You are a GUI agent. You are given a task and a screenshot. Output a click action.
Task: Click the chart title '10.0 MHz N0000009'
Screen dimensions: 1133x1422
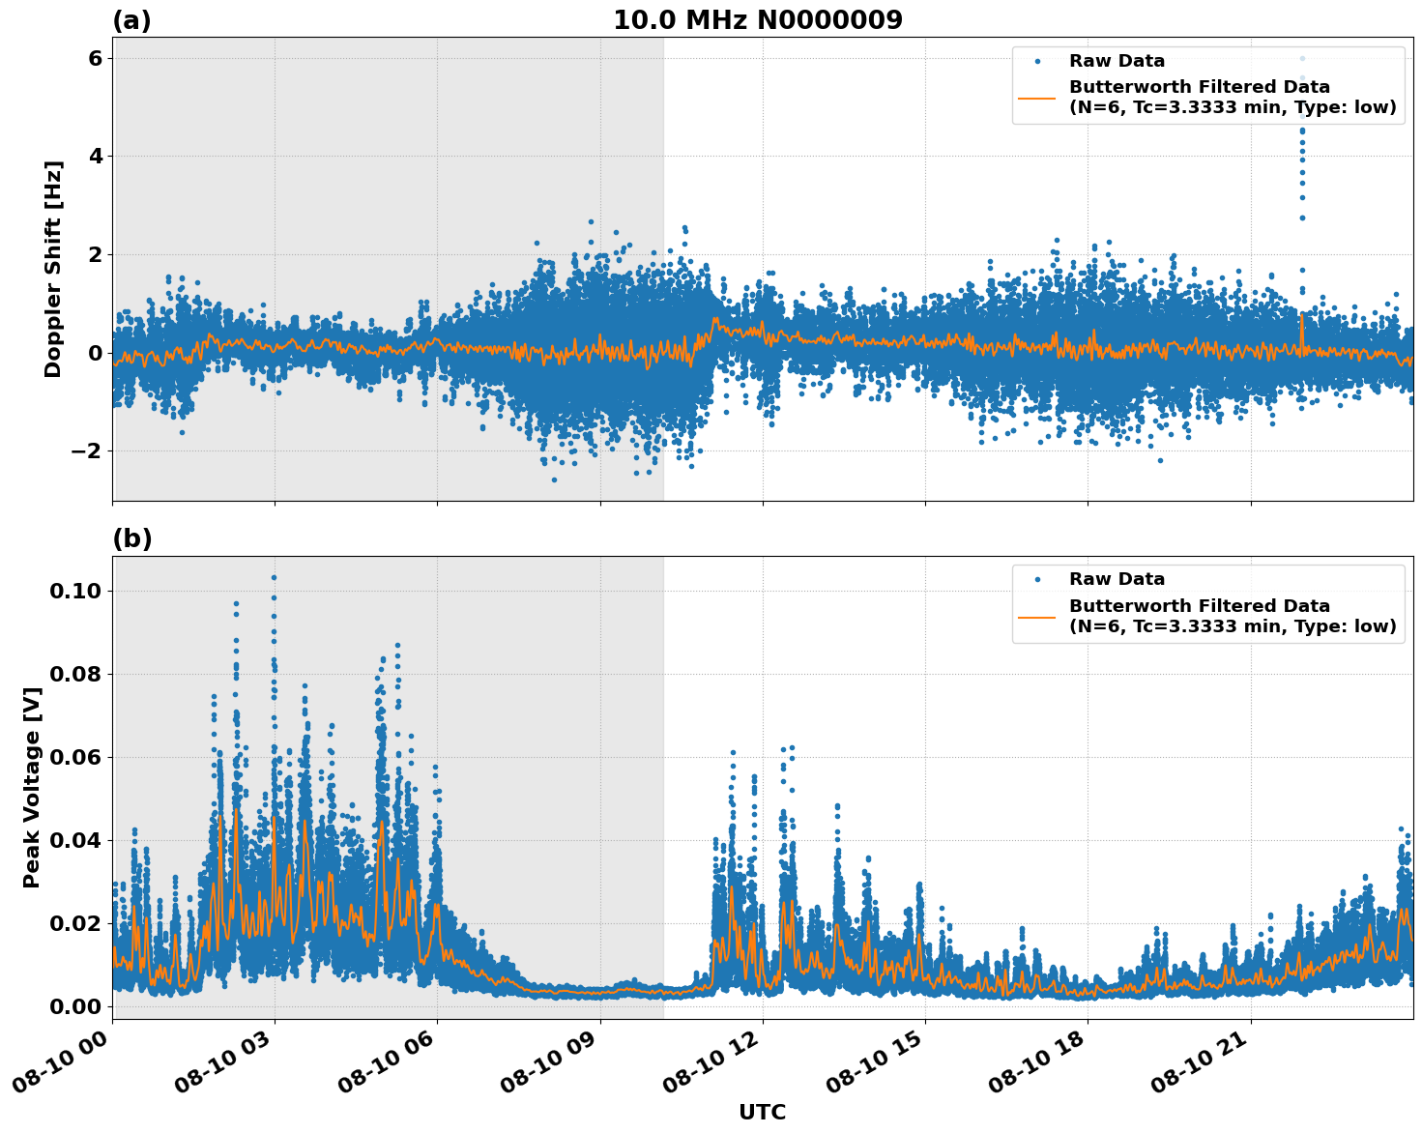click(x=757, y=20)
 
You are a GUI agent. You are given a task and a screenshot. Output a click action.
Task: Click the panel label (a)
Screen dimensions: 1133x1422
click(x=131, y=20)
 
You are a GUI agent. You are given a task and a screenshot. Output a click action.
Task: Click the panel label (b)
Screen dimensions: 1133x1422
click(x=131, y=538)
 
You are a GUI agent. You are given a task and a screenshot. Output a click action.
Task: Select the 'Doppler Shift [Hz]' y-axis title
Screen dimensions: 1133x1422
click(x=53, y=269)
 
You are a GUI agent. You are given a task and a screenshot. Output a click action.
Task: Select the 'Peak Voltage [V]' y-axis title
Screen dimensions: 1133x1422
click(x=32, y=787)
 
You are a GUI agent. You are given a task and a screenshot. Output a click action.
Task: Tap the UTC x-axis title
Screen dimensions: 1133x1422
click(x=762, y=1112)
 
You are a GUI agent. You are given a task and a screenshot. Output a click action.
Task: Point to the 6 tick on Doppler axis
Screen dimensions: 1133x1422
click(x=95, y=59)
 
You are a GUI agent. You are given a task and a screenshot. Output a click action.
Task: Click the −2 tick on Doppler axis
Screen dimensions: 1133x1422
click(x=87, y=451)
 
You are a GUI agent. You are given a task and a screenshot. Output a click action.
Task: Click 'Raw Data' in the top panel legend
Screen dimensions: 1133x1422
click(x=1117, y=62)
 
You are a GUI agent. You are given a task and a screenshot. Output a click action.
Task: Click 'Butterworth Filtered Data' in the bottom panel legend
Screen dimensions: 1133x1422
click(x=1199, y=606)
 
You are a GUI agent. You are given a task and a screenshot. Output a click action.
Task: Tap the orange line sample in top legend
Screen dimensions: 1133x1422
click(x=1037, y=98)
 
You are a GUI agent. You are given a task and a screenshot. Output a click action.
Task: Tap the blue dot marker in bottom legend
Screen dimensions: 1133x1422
click(x=1037, y=580)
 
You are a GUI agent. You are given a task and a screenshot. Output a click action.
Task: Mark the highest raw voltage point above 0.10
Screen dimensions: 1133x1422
click(x=274, y=577)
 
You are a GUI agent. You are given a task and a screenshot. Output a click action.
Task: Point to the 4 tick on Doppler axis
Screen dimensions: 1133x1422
click(x=95, y=157)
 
